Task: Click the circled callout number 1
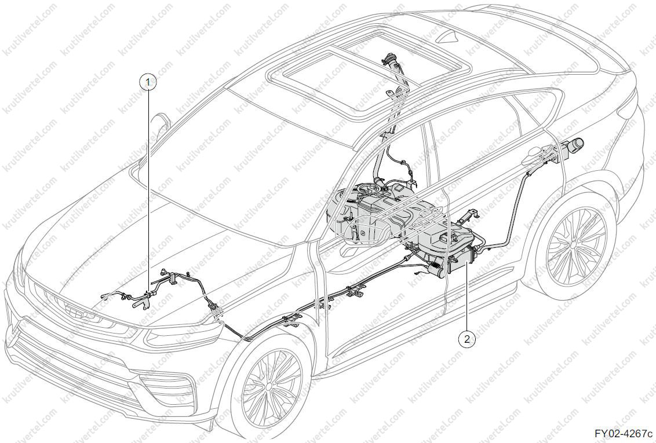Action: point(148,82)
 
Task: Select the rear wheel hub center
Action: point(576,243)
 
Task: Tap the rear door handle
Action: point(536,154)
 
